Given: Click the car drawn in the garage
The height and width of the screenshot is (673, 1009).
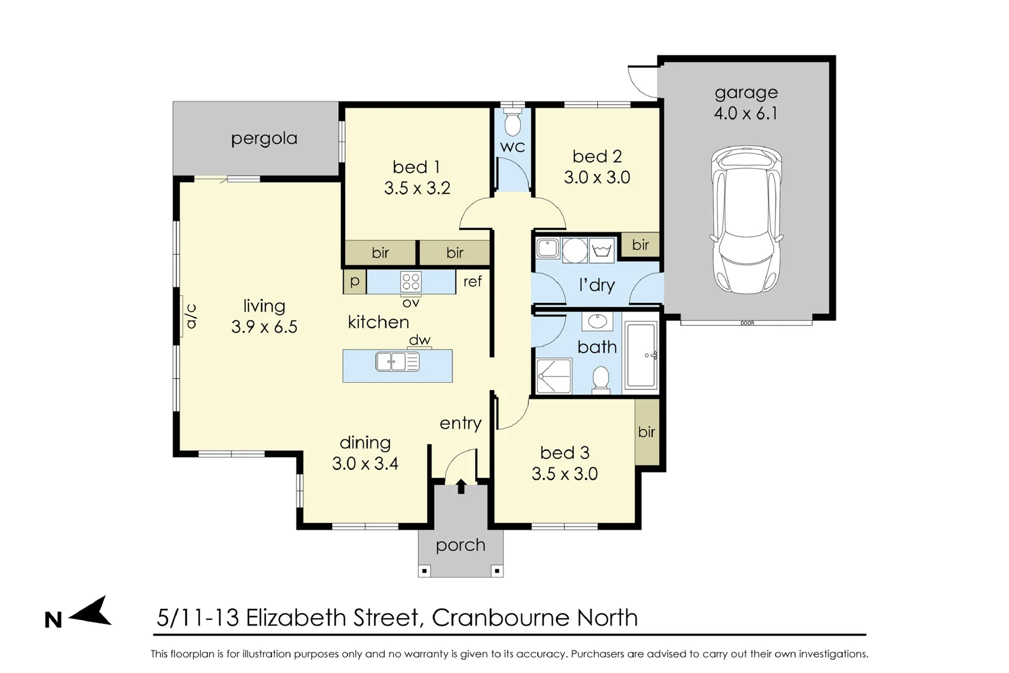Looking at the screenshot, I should (746, 221).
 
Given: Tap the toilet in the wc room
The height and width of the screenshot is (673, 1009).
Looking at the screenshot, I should (513, 123).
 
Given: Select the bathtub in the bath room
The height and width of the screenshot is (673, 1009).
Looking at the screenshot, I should (640, 355).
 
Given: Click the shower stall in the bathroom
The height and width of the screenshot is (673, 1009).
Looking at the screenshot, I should (554, 376).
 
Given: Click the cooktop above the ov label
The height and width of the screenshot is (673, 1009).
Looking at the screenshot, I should (411, 282).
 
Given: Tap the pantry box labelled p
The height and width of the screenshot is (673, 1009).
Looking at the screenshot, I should (354, 281).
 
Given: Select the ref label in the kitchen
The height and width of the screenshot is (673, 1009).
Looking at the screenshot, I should (472, 282).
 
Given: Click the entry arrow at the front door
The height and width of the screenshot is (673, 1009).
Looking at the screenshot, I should (461, 486).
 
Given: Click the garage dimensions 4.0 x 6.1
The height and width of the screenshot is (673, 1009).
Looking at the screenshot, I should (746, 113).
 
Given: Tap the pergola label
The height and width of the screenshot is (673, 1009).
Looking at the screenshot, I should (264, 138).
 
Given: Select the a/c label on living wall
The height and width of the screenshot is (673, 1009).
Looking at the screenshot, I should (191, 316).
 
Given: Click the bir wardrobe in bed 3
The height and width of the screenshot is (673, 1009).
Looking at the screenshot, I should (647, 431).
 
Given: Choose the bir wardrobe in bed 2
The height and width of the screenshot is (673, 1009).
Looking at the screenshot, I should (640, 245).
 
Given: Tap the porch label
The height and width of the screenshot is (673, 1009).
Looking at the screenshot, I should (460, 545).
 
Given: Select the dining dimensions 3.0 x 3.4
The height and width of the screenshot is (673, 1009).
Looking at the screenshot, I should (365, 464).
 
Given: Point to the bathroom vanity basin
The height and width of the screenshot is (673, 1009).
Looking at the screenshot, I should (597, 322).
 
